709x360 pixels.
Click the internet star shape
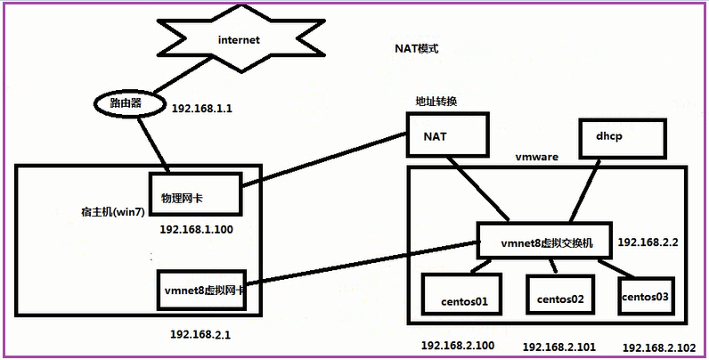(240, 40)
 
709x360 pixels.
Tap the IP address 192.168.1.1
(202, 109)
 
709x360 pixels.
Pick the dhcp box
(623, 138)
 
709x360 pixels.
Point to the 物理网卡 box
(195, 194)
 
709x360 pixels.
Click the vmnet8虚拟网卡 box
(201, 290)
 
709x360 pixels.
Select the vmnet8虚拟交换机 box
(547, 243)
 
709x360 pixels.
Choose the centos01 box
(461, 294)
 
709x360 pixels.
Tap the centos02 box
(560, 295)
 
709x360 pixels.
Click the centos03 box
(645, 296)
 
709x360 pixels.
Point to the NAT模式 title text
(417, 49)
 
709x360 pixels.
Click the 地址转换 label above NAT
(436, 101)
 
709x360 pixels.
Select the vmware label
(537, 158)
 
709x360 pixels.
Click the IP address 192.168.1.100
(197, 230)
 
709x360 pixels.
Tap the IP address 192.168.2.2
(648, 242)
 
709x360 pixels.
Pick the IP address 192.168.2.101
(559, 348)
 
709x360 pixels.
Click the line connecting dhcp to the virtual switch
(585, 191)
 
